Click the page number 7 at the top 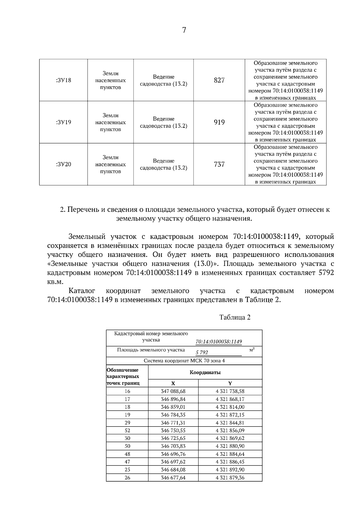point(184,30)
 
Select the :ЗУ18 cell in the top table point(63,80)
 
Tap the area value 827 point(219,80)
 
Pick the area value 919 point(219,122)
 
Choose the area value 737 point(219,164)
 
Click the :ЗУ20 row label point(63,164)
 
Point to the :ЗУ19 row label point(63,122)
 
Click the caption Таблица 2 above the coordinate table point(235,317)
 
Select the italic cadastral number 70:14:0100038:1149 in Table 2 point(219,342)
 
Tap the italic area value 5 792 point(202,353)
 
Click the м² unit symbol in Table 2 point(252,350)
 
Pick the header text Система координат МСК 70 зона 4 point(184,361)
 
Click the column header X point(173,383)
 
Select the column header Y point(230,383)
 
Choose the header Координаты point(205,373)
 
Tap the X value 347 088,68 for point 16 point(173,391)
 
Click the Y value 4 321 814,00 point(230,407)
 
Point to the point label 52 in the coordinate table point(127,430)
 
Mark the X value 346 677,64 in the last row point(173,478)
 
